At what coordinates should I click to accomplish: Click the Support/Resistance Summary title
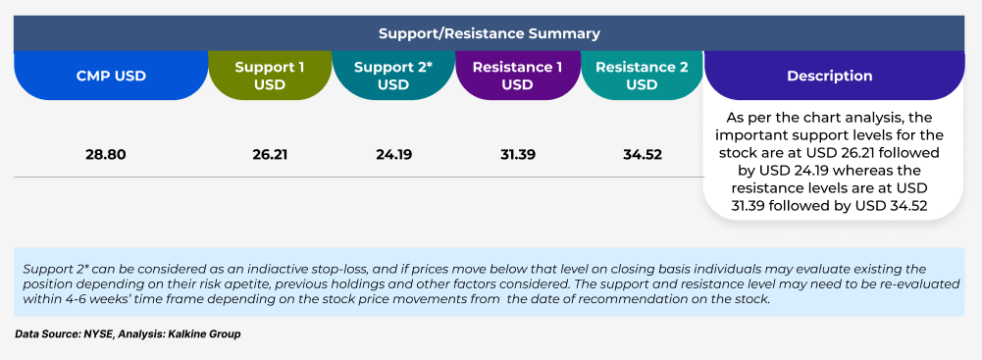coord(490,33)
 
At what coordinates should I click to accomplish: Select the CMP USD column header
coord(111,76)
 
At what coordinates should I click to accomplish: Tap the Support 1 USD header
coord(270,76)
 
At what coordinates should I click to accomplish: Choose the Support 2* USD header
coord(393,76)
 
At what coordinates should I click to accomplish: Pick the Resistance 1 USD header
coord(517,76)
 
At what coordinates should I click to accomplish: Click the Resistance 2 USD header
coord(642,76)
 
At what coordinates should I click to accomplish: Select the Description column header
coord(829,76)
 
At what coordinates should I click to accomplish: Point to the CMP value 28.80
coord(106,154)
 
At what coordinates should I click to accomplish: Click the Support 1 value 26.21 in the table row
coord(270,154)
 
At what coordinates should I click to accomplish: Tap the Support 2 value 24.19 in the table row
coord(394,154)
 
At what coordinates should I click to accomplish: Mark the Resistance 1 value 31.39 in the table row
coord(518,154)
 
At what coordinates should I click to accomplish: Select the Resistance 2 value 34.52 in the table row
coord(642,154)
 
